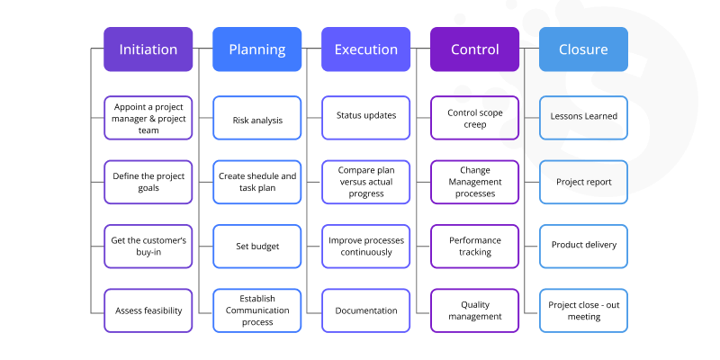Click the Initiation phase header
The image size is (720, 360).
pos(148,49)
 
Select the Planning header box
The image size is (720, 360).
pos(256,49)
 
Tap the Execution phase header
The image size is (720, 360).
pos(365,49)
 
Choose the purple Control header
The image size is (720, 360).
pos(474,49)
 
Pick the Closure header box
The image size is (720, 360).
pos(583,49)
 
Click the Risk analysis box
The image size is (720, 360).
pos(256,119)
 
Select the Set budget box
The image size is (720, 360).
pos(256,246)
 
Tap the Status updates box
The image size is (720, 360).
pos(365,116)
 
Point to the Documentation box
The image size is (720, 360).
pos(365,310)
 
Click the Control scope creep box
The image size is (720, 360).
pos(474,119)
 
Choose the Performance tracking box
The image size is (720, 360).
pos(474,246)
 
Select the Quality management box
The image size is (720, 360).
pos(474,310)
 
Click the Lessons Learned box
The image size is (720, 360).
pos(583,116)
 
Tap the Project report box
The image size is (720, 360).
pos(583,182)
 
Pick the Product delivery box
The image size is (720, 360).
pos(583,246)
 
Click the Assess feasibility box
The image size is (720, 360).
pos(148,310)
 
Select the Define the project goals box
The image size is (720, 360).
pos(148,182)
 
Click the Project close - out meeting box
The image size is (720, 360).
pos(583,310)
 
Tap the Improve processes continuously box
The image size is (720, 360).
pos(365,246)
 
